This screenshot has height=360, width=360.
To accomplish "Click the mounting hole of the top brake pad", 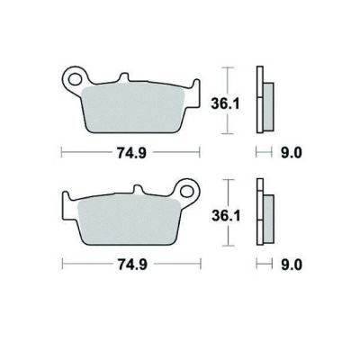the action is coord(75,79).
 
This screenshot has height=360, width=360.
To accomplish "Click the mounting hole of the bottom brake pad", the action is coord(187,191).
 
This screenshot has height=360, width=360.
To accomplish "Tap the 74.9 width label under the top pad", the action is coord(131,153).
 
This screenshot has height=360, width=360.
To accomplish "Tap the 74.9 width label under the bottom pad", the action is coord(132,265).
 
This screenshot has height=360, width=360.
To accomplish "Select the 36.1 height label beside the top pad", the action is coord(225,103).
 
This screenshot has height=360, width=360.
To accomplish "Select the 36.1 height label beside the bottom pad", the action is coord(226,215).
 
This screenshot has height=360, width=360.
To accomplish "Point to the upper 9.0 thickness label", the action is coord(292,153).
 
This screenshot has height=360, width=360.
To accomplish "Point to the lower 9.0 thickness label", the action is coord(292,265).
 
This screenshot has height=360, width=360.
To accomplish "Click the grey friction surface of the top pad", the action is coord(133,109).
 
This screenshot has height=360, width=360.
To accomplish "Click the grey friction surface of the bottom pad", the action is coord(129,220).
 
